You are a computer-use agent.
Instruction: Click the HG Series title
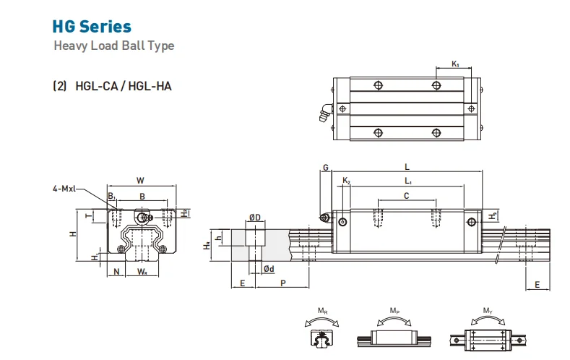[92, 27]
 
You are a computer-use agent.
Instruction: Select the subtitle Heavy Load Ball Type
[114, 46]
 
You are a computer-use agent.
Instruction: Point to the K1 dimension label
[456, 64]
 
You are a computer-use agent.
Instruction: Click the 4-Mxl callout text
[65, 189]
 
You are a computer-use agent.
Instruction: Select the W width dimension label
[140, 181]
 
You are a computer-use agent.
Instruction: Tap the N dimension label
[116, 273]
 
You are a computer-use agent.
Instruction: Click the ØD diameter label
[254, 218]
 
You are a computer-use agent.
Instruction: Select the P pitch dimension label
[282, 283]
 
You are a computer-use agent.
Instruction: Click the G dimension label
[326, 168]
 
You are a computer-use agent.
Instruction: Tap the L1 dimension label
[409, 181]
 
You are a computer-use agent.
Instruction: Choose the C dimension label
[406, 195]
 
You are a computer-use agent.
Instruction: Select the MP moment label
[395, 311]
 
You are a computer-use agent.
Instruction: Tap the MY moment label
[488, 311]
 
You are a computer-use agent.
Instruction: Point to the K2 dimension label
[346, 181]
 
